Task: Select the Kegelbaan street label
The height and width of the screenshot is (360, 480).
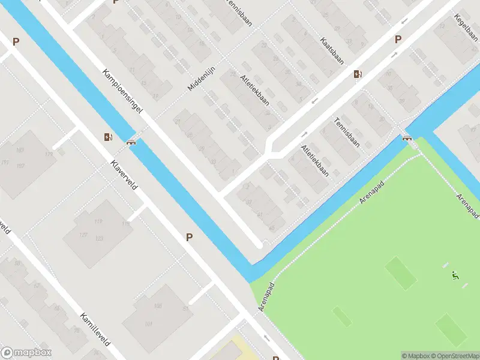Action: [x=467, y=29]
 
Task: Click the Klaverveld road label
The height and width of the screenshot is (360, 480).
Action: [x=124, y=175]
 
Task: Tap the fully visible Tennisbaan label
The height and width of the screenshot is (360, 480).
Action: [x=347, y=131]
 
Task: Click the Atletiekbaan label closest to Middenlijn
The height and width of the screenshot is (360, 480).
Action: [x=254, y=91]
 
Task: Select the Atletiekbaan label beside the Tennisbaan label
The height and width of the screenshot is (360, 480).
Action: [x=315, y=160]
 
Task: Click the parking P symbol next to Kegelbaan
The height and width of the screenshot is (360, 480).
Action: [x=397, y=40]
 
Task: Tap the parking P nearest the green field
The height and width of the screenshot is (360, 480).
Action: [x=189, y=237]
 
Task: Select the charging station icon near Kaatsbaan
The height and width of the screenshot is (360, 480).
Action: [x=358, y=74]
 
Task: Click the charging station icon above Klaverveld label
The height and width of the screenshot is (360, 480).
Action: [x=107, y=137]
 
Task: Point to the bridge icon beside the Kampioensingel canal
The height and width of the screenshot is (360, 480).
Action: [x=131, y=142]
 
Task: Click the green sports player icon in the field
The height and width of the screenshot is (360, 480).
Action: [x=455, y=277]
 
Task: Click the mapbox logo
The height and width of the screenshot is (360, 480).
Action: [x=26, y=353]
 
